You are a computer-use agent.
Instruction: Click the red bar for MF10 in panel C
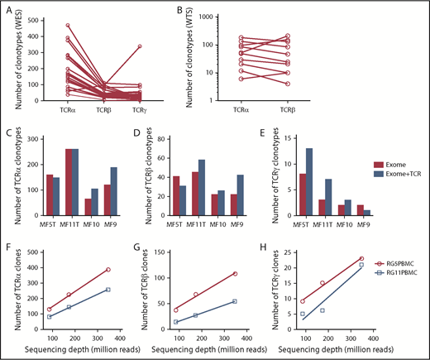[90, 208]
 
